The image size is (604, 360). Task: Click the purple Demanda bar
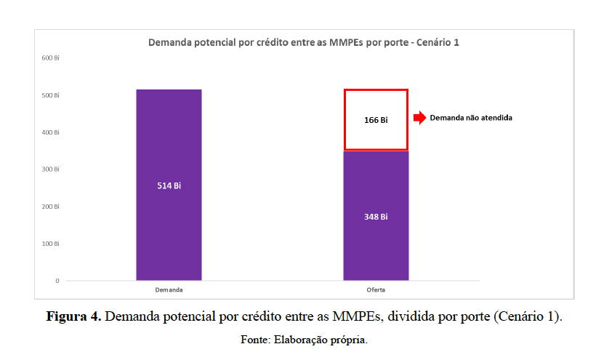tap(169, 145)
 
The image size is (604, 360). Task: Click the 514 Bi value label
tap(169, 185)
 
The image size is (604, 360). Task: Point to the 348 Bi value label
tap(376, 217)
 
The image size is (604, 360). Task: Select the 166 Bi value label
tap(376, 120)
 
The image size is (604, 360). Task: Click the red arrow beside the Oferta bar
tap(419, 118)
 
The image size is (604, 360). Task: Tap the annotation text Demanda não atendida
tap(471, 117)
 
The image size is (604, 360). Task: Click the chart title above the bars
tap(304, 43)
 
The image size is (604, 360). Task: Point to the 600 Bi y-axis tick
tap(50, 58)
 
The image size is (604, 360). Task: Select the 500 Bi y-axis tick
tap(50, 95)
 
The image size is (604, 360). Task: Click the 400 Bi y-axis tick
tap(50, 132)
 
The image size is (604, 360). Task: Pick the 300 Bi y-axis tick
tap(50, 169)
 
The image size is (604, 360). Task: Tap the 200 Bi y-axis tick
tap(50, 207)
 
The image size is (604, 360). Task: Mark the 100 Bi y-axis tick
tap(50, 244)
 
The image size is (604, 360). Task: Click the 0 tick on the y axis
tap(57, 281)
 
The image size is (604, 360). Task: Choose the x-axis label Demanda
tap(169, 289)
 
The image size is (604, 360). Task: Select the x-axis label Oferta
tap(376, 289)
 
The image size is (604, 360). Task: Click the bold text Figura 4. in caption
tap(73, 317)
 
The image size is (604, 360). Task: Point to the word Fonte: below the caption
tap(256, 340)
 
